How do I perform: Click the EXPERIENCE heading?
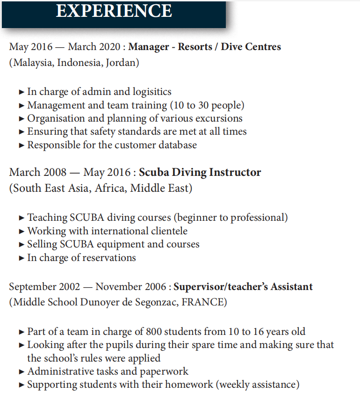coord(114,10)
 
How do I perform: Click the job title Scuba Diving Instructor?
coord(200,172)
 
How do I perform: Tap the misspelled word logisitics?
coord(149,92)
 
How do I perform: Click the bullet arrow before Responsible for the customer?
coord(22,145)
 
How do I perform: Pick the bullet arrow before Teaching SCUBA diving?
coord(22,218)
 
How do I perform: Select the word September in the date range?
coord(32,286)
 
